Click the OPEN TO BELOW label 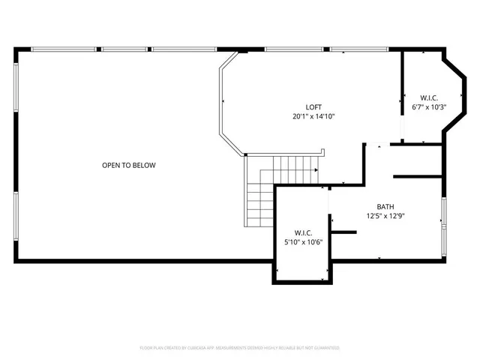[x=129, y=165]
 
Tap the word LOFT [x=313, y=107]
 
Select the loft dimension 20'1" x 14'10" [x=313, y=116]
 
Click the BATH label [x=385, y=206]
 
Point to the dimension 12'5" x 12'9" [x=385, y=215]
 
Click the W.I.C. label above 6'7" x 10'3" [x=429, y=97]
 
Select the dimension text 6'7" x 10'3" [x=429, y=106]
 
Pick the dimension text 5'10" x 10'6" [x=303, y=241]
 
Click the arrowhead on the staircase [x=316, y=170]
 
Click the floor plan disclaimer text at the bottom [x=240, y=348]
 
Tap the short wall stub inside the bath [x=343, y=232]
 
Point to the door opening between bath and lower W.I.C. [x=330, y=202]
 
